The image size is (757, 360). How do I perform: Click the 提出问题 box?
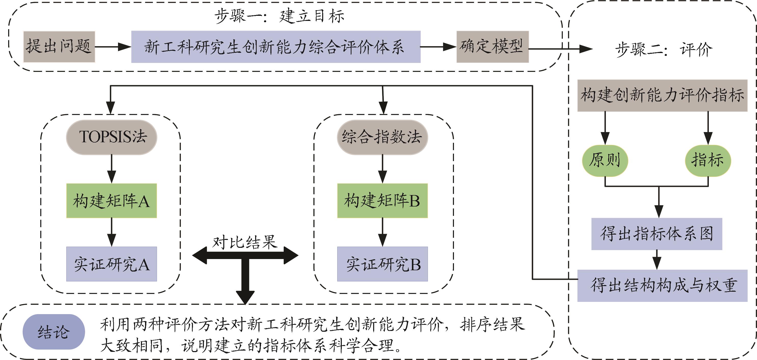pos(59,46)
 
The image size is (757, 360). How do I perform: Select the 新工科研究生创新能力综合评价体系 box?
pos(276,47)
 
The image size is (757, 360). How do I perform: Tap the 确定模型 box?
pos(492,46)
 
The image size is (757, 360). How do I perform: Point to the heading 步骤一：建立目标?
pos(279,16)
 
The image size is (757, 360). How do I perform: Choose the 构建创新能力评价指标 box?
pos(662,95)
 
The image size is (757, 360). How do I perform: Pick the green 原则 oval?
pos(605,160)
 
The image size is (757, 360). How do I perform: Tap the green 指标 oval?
pos(708,160)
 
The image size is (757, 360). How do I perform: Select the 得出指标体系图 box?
pos(657,234)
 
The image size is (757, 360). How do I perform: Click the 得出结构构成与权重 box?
pos(662,285)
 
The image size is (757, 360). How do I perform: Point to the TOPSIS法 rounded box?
pos(112,137)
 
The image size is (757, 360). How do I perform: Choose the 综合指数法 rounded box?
pos(382,137)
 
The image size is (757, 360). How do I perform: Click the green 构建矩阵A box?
pos(111,201)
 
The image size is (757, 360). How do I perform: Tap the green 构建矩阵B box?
pos(382,201)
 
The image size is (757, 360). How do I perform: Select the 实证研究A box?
pos(111,264)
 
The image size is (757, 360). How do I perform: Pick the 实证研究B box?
pos(382,264)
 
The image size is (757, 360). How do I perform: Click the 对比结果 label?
pos(245,242)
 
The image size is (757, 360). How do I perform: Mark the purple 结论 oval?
pos(54,332)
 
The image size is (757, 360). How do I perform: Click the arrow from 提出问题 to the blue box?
pos(113,47)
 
